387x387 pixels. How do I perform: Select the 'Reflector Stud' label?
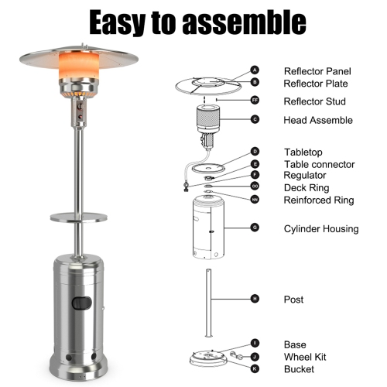pos(313,101)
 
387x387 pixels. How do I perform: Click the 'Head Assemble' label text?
pos(318,120)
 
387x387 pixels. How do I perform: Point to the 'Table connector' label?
pos(319,164)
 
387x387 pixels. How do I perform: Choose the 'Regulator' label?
pos(305,176)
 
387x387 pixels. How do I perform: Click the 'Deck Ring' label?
pos(307,187)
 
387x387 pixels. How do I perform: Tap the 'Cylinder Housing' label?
pos(320,228)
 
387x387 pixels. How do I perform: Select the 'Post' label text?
pos(293,300)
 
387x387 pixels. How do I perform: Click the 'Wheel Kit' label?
pos(304,357)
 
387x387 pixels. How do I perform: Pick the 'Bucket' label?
pos(300,368)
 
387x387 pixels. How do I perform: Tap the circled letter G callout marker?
pos(255,228)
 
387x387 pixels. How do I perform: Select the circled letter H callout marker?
pos(255,299)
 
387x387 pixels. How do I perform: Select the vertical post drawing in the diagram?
pos(207,302)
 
